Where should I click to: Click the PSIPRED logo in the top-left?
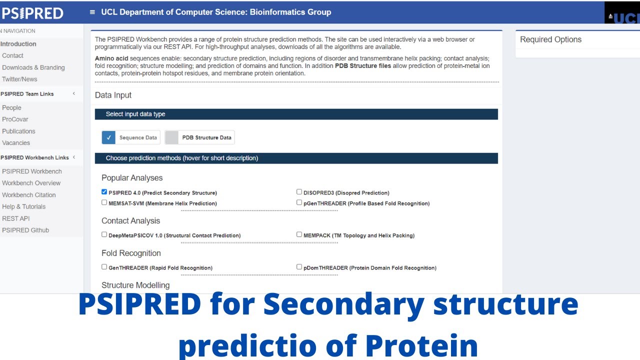(32, 12)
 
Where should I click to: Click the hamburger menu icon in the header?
(92, 12)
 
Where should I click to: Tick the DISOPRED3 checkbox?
(299, 191)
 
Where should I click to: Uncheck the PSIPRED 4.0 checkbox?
(104, 191)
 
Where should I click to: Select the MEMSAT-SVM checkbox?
(104, 202)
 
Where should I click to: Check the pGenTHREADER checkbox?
(299, 202)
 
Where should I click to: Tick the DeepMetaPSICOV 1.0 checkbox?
(104, 234)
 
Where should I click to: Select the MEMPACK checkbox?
(299, 234)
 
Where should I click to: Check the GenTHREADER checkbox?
(104, 267)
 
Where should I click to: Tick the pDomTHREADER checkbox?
(299, 267)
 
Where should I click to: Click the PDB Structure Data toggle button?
(171, 137)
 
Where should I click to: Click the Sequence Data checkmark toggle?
(108, 137)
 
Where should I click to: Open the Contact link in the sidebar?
(12, 55)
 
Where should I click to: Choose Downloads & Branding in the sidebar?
(33, 67)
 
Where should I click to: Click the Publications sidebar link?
(18, 131)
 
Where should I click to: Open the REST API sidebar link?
(15, 218)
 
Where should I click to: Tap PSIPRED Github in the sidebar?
(25, 230)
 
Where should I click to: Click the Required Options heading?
(550, 39)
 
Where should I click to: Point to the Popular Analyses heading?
(132, 178)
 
